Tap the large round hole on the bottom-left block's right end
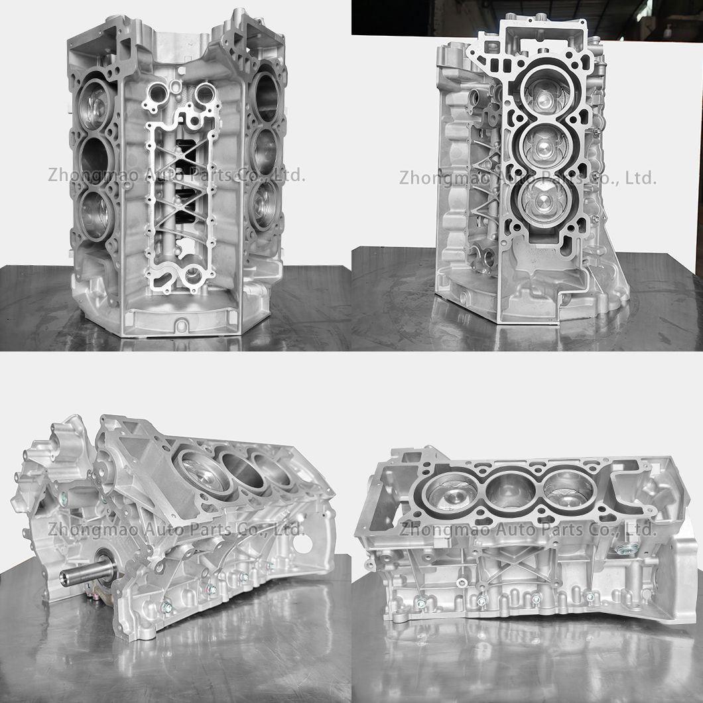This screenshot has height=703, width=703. (306, 541)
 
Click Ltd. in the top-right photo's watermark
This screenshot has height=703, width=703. (641, 178)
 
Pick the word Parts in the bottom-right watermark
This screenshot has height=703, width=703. (558, 529)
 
